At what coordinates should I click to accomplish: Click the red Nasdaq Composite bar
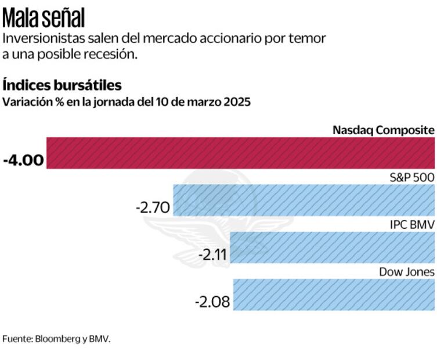[240, 153]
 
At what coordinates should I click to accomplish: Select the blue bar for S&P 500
[304, 200]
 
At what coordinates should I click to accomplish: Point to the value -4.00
[23, 160]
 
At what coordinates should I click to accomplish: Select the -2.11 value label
[212, 254]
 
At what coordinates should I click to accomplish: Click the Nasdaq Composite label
[383, 129]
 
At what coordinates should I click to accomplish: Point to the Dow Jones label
[407, 272]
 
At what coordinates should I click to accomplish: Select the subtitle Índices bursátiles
[62, 85]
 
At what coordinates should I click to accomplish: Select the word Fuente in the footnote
[15, 338]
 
